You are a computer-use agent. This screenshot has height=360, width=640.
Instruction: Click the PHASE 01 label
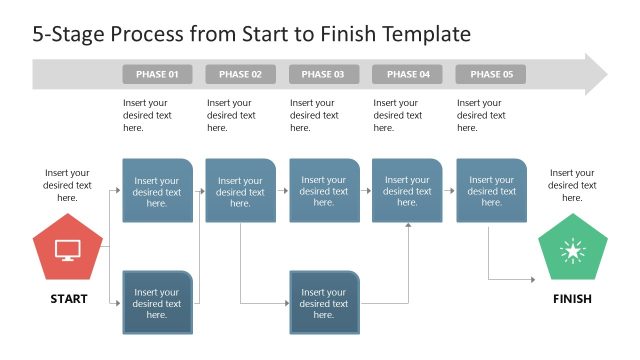pos(157,75)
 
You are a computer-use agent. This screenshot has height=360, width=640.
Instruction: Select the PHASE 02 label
pos(240,75)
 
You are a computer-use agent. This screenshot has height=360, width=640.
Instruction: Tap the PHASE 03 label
pos(323,75)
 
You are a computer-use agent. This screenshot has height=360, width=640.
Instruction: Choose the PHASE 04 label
pos(407,75)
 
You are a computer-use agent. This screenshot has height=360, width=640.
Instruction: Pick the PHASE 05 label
pos(490,75)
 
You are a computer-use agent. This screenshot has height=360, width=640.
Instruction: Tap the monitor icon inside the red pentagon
pos(68,250)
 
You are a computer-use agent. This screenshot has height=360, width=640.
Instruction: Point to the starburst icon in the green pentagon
pos(573,250)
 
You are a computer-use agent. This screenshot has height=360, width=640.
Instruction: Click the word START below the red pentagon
pos(68,299)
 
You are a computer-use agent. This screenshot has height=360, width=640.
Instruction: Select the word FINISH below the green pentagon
pos(572,299)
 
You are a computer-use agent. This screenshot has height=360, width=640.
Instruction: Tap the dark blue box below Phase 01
pos(157,303)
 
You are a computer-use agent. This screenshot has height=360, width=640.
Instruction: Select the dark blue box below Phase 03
pos(323,303)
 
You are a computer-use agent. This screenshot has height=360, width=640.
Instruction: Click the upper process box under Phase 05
pos(490,190)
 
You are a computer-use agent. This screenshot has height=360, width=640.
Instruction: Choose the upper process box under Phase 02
pos(240,190)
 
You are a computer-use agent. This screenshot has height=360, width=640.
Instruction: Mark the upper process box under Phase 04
pos(407,190)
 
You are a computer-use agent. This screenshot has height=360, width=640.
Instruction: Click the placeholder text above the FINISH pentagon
pos(573,185)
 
